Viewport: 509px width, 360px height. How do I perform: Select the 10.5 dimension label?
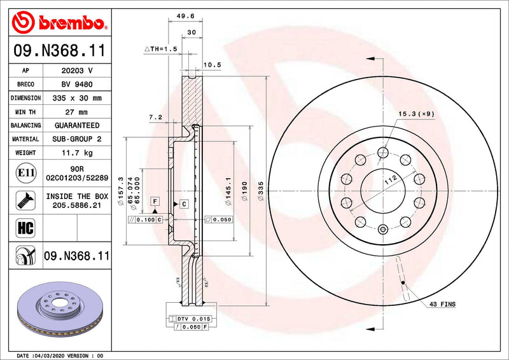[x=211, y=64]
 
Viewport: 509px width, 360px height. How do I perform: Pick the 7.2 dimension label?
[x=155, y=117]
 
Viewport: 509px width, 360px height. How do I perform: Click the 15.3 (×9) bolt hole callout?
[x=416, y=114]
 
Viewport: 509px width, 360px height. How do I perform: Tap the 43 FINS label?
[x=442, y=305]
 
